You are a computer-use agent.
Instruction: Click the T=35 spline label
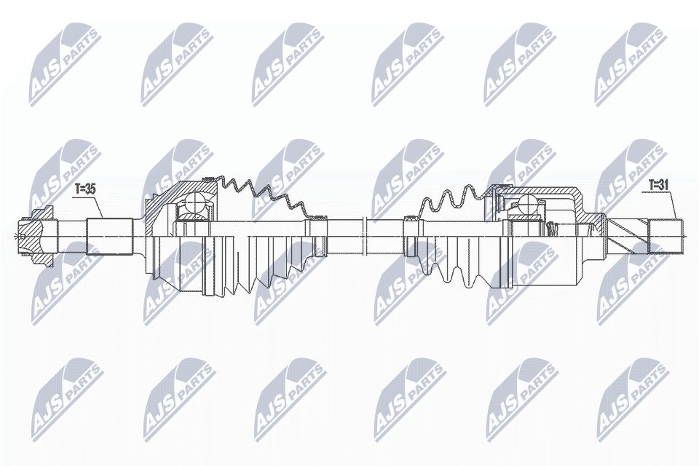click(86, 189)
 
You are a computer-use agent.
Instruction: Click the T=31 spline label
click(658, 184)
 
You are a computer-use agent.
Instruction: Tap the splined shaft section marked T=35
click(108, 237)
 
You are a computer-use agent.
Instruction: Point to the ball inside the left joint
click(194, 202)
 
